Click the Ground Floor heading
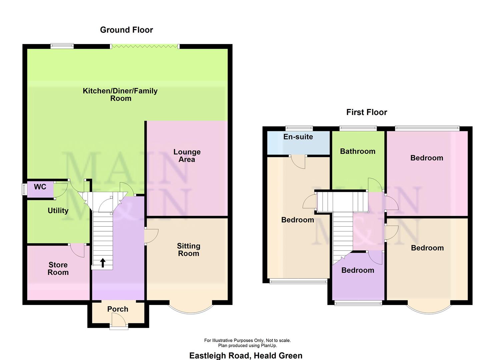click(126, 30)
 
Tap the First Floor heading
click(366, 112)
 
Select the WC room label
click(40, 187)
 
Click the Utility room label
click(58, 211)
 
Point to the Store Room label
click(58, 269)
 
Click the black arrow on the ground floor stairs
click(103, 263)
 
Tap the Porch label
click(118, 309)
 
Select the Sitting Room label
click(188, 250)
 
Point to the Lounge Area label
click(187, 156)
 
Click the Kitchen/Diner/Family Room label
click(120, 95)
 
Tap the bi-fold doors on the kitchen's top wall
click(145, 46)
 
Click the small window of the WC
click(24, 189)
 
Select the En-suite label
click(298, 137)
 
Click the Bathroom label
click(357, 152)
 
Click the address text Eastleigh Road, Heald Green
click(246, 356)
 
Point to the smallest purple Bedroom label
click(357, 270)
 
